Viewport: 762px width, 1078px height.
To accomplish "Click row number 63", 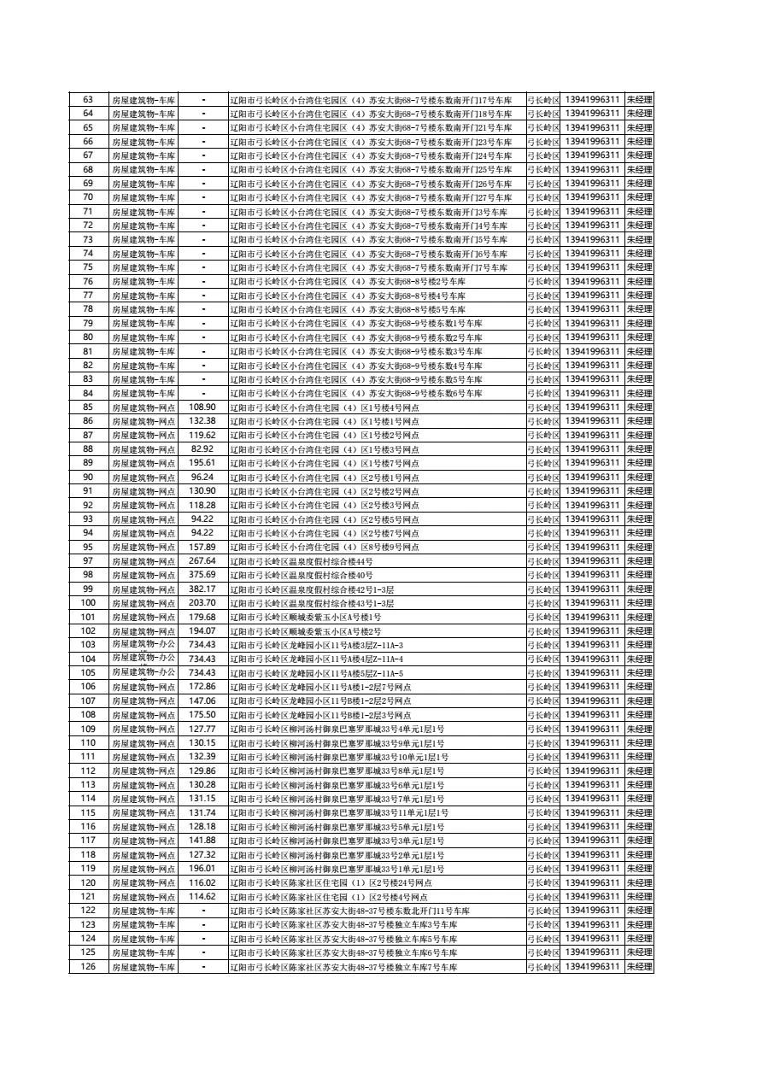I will (x=87, y=100).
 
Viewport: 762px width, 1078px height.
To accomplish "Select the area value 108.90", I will (x=202, y=407).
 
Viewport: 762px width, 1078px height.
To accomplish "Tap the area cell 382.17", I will (x=202, y=589).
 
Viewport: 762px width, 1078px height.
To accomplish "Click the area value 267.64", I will (x=202, y=561).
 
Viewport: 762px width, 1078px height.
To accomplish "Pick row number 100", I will (x=87, y=603).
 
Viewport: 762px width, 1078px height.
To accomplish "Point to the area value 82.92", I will (x=202, y=449).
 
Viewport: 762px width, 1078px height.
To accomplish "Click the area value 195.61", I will (x=202, y=463).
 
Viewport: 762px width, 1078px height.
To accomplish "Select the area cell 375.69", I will (x=202, y=575).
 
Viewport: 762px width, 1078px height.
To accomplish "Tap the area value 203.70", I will (x=202, y=603).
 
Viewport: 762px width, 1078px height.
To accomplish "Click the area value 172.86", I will (x=202, y=687).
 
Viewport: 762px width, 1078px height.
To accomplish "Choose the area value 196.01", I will (x=202, y=869).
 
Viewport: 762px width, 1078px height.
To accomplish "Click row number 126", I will (x=87, y=967).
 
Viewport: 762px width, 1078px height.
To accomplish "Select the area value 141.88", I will (x=202, y=841).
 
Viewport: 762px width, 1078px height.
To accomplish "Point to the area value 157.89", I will (x=202, y=548).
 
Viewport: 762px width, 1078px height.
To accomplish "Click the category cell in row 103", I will (x=143, y=645).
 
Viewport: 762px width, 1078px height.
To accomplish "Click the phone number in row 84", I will (x=592, y=393).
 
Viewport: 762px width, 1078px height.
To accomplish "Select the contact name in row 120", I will (x=639, y=882).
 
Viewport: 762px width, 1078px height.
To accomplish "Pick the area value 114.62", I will (x=202, y=897).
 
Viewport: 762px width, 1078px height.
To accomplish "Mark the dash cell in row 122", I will (x=203, y=911).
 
